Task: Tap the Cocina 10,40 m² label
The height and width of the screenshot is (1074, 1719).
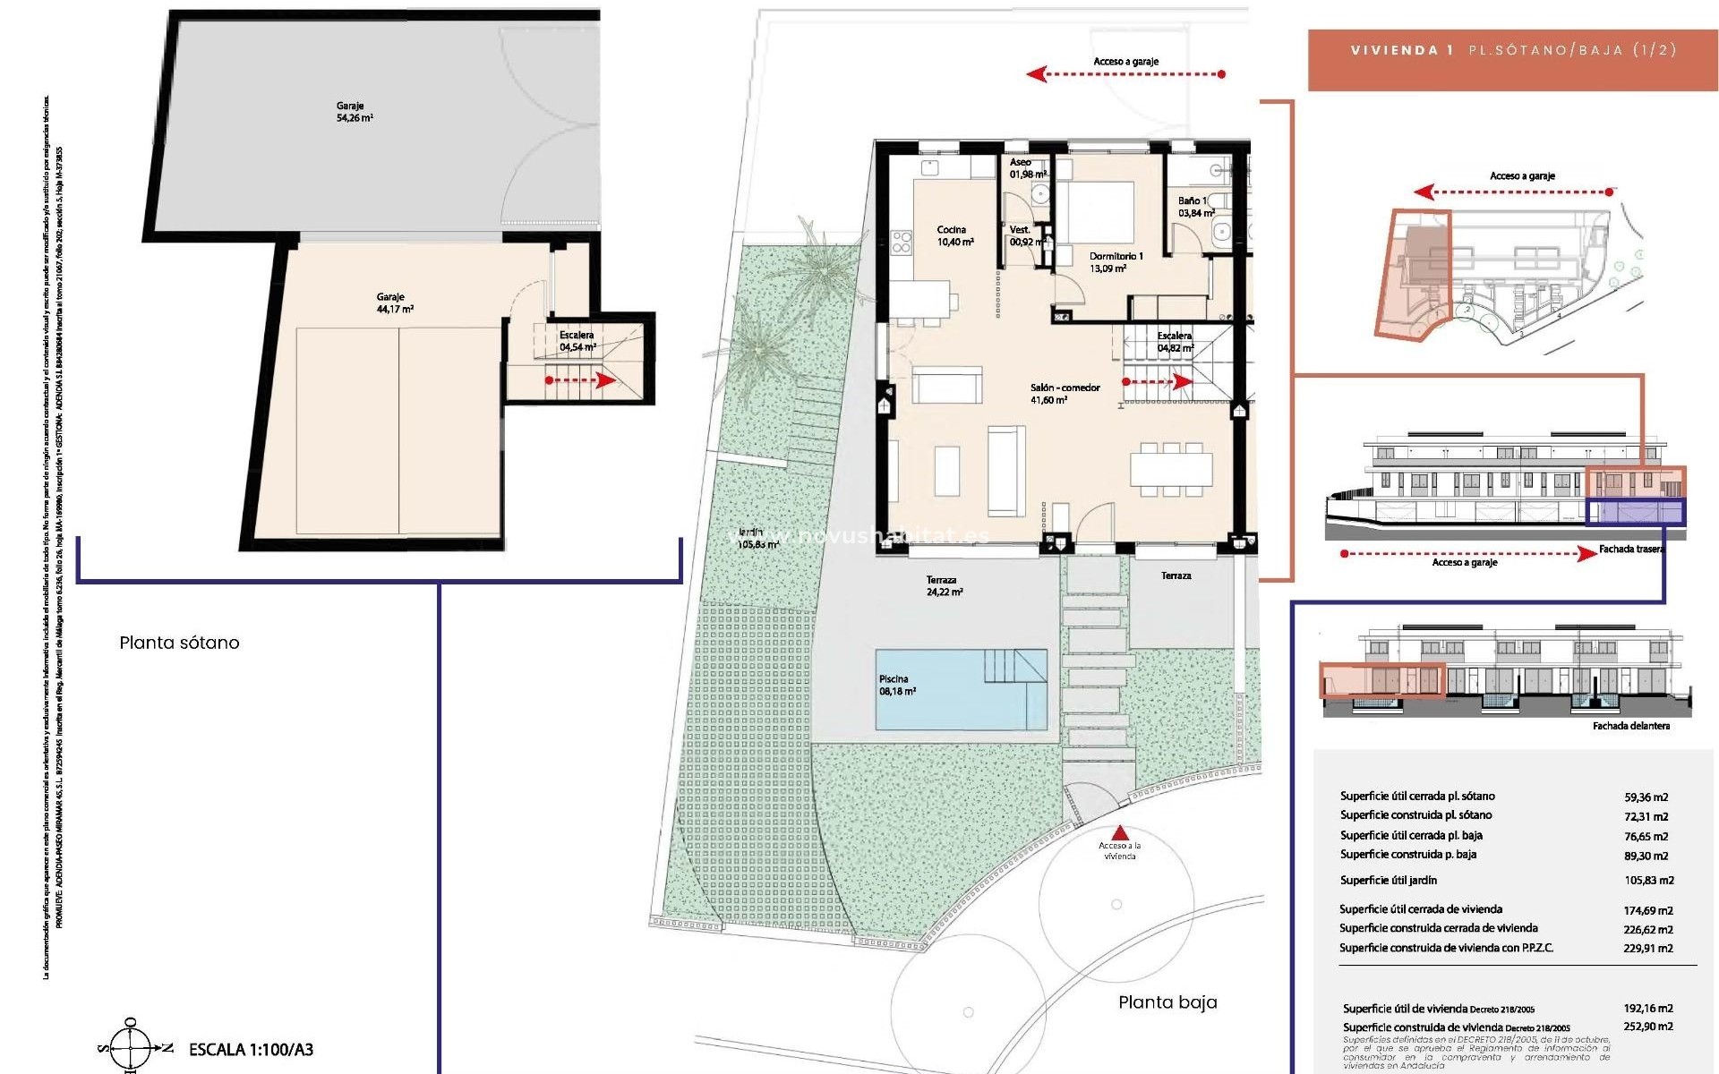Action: tap(954, 236)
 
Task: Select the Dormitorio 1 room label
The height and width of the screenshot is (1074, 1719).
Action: tap(1115, 261)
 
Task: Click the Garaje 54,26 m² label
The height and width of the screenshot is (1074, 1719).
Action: tap(355, 112)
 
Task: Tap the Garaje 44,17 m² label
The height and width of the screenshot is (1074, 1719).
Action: tap(394, 303)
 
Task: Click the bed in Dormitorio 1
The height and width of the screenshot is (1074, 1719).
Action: tap(1096, 211)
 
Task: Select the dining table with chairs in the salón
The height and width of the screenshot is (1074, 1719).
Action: tap(1170, 468)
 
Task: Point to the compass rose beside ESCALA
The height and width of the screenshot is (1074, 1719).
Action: tap(132, 1047)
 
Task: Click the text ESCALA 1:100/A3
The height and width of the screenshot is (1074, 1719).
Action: tap(251, 1050)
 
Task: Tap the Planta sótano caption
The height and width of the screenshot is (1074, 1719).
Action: tap(179, 643)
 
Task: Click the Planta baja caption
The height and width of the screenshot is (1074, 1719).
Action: tap(1167, 1002)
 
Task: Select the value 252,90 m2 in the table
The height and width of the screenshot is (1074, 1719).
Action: tap(1647, 1027)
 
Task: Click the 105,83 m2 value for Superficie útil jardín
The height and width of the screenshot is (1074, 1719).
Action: tap(1648, 881)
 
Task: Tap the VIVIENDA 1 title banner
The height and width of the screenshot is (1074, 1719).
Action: tap(1513, 51)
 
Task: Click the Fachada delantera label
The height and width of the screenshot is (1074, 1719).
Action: tap(1630, 726)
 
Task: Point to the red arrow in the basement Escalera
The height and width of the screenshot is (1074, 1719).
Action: tap(581, 380)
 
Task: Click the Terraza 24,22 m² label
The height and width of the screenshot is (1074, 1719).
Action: tap(944, 586)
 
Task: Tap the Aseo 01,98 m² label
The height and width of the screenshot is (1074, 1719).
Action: tap(1026, 168)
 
